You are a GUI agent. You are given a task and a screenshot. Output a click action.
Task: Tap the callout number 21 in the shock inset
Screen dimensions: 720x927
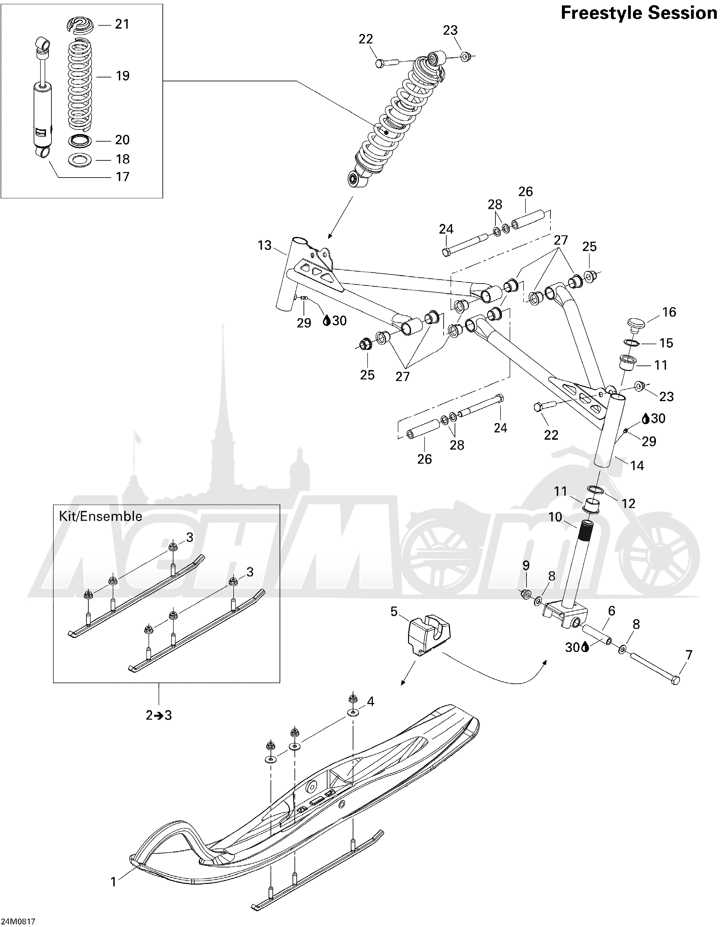(122, 24)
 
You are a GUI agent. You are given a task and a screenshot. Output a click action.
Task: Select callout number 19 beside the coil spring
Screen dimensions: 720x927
(123, 76)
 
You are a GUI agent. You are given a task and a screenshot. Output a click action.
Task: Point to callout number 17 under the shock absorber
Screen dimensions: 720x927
(123, 177)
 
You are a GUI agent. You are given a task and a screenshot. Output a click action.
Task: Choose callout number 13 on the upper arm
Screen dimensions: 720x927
(265, 245)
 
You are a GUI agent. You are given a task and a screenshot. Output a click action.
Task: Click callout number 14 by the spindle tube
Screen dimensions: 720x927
(637, 466)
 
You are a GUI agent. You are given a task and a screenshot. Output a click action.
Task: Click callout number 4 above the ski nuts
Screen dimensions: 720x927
(370, 701)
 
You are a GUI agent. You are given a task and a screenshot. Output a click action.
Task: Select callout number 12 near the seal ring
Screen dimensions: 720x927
(628, 504)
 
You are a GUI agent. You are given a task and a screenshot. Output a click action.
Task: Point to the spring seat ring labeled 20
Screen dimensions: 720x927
(80, 140)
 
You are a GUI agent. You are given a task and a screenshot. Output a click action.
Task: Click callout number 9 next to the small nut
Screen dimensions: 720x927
(526, 565)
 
